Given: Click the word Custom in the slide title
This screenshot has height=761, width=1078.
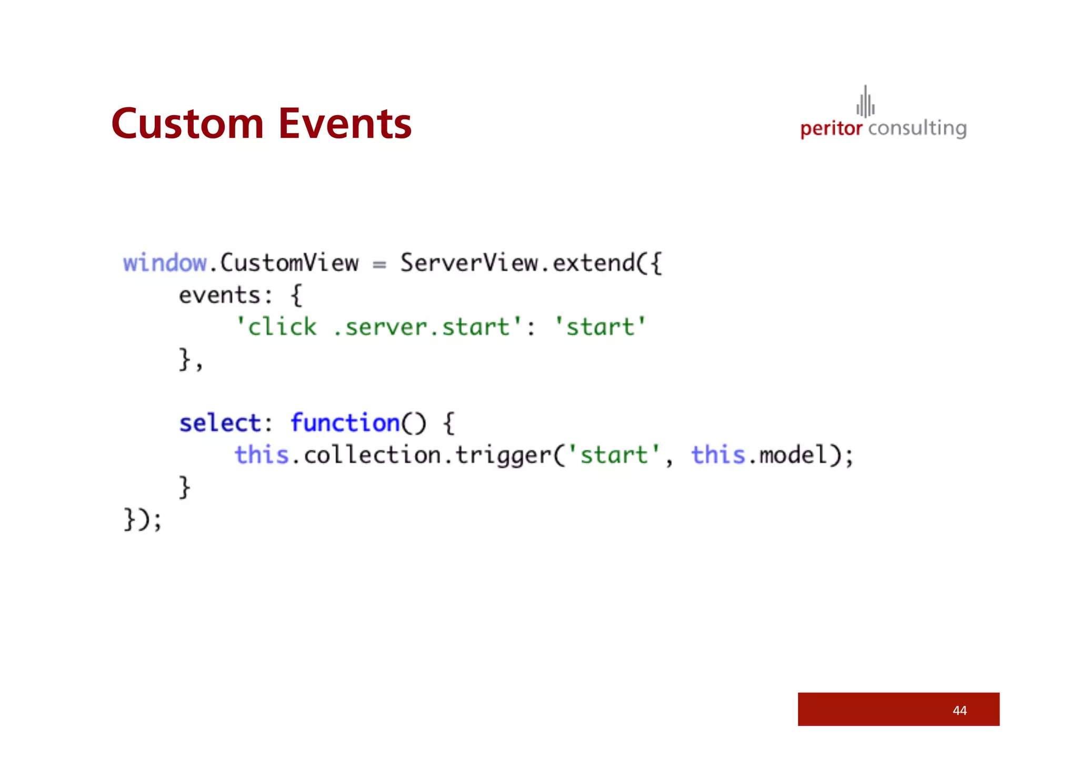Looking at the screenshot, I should tap(187, 124).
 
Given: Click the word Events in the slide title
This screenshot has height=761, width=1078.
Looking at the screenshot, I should tap(345, 124).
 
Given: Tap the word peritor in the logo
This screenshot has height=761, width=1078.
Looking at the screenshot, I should tap(831, 128).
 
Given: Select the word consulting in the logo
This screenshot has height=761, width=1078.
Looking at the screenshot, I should tap(917, 128).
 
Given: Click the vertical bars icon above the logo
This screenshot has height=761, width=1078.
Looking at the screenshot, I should tap(865, 102).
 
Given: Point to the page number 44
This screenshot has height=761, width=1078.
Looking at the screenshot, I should tap(960, 711).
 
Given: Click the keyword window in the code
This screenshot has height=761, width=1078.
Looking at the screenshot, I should tap(165, 263).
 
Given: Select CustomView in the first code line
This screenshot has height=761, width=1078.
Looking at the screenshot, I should tap(289, 263).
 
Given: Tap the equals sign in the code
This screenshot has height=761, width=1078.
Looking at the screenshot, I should tap(379, 264).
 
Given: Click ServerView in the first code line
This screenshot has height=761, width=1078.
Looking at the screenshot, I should tap(469, 263).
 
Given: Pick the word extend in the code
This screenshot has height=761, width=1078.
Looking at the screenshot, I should tap(594, 263).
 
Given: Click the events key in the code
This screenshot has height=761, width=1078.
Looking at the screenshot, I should tap(219, 296).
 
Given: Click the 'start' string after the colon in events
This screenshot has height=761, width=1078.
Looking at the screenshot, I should tap(600, 327).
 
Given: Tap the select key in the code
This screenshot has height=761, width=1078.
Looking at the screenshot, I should tap(219, 423).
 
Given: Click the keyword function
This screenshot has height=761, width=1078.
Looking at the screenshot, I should tap(345, 423).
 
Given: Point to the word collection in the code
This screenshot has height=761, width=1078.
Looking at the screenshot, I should tap(372, 455).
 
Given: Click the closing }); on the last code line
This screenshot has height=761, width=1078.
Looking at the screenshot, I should tap(143, 520).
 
